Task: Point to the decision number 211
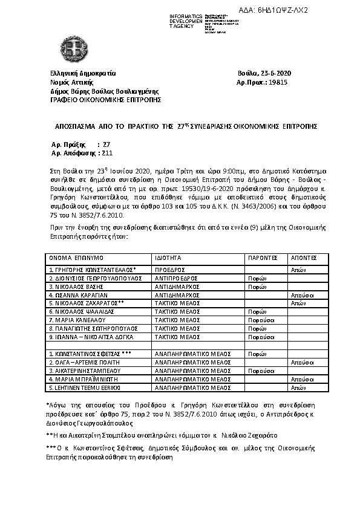(91, 154)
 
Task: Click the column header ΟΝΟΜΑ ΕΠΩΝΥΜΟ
(73, 257)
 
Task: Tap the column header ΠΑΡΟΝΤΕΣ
(261, 257)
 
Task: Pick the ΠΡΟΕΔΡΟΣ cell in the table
(169, 269)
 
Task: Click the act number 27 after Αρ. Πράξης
(106, 145)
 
